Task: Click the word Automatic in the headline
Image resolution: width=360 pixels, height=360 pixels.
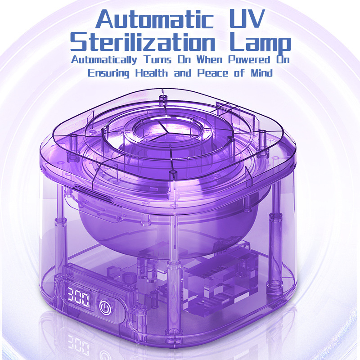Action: tap(154, 20)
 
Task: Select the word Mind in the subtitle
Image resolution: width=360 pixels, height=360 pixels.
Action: tap(261, 73)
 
